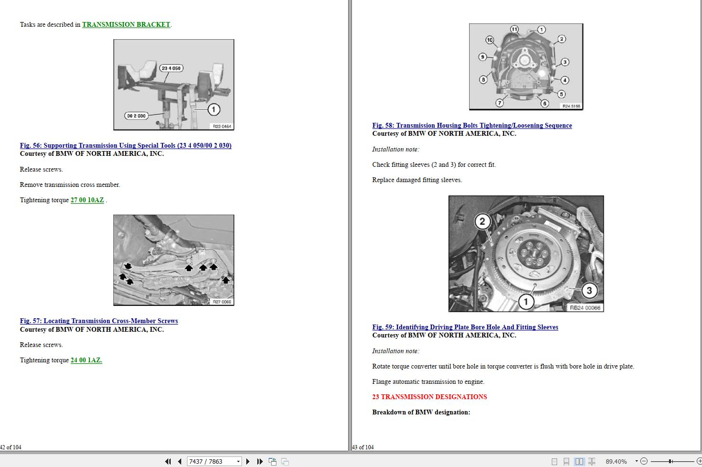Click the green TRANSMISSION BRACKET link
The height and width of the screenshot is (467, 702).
(126, 24)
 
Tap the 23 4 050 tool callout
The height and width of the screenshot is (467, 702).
(171, 68)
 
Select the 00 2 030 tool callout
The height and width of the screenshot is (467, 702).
(136, 116)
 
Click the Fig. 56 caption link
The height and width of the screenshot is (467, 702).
(125, 145)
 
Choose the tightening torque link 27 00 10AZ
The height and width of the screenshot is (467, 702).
(87, 200)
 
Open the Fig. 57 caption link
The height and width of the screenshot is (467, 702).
(99, 321)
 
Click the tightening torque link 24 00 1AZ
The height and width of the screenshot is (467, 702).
(86, 360)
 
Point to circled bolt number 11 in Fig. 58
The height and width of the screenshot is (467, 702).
(514, 30)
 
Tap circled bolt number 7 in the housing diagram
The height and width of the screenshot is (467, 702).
(500, 103)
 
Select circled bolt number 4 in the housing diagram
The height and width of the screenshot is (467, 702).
(565, 80)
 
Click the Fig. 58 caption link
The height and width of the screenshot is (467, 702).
(472, 125)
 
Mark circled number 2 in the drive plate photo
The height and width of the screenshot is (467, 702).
(482, 221)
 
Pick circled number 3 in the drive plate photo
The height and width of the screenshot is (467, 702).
(589, 290)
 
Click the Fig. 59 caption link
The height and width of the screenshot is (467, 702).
(465, 327)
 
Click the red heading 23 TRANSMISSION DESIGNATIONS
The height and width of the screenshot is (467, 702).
(429, 397)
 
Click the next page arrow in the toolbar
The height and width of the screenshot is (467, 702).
(248, 461)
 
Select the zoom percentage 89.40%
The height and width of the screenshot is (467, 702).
(616, 461)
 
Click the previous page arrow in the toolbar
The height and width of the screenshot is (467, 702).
(180, 461)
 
